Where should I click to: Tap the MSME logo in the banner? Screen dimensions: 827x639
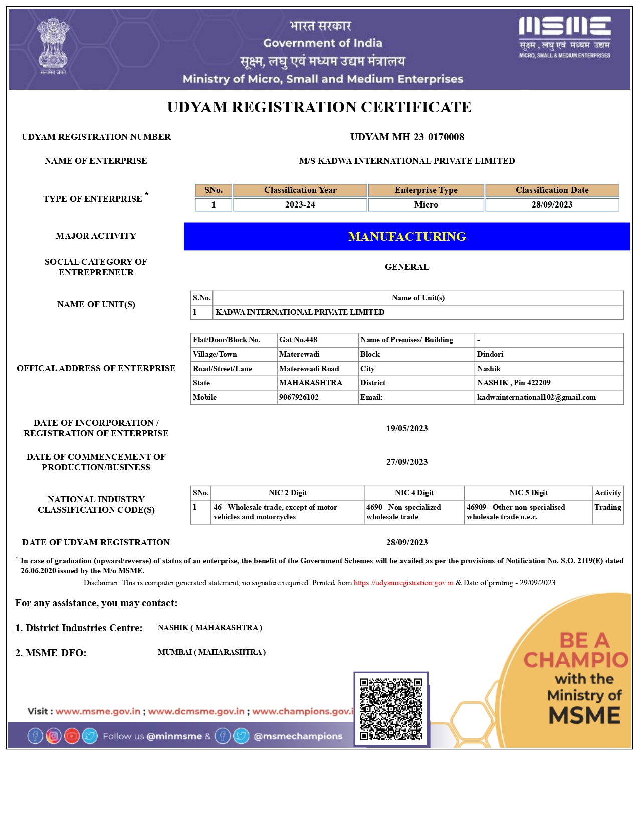pos(565,37)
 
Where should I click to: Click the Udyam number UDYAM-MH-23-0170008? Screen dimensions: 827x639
pos(407,137)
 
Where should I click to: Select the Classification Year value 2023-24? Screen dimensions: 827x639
pos(300,204)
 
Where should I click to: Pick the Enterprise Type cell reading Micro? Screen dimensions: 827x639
pos(426,204)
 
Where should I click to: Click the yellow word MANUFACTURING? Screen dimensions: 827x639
pos(407,236)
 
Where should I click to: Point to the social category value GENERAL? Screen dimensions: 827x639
pos(407,267)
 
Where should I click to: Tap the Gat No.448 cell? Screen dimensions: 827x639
pos(298,340)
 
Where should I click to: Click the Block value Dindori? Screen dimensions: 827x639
pos(490,354)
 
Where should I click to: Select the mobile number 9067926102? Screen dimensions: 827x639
pos(299,397)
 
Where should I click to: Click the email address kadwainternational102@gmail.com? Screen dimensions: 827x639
pos(536,397)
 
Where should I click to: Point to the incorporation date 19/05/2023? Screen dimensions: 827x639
pos(407,428)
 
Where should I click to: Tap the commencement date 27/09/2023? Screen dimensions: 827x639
pos(407,462)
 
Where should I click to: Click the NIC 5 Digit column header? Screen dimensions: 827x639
pos(528,493)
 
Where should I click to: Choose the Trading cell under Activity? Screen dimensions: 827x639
pos(607,507)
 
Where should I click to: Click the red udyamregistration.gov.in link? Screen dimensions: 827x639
pos(403,583)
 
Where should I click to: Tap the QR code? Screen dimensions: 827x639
pos(391,709)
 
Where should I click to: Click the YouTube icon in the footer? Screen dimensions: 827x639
pos(72,736)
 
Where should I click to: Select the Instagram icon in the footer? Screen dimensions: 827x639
pos(53,736)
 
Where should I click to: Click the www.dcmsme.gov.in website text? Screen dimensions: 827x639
pos(196,711)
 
